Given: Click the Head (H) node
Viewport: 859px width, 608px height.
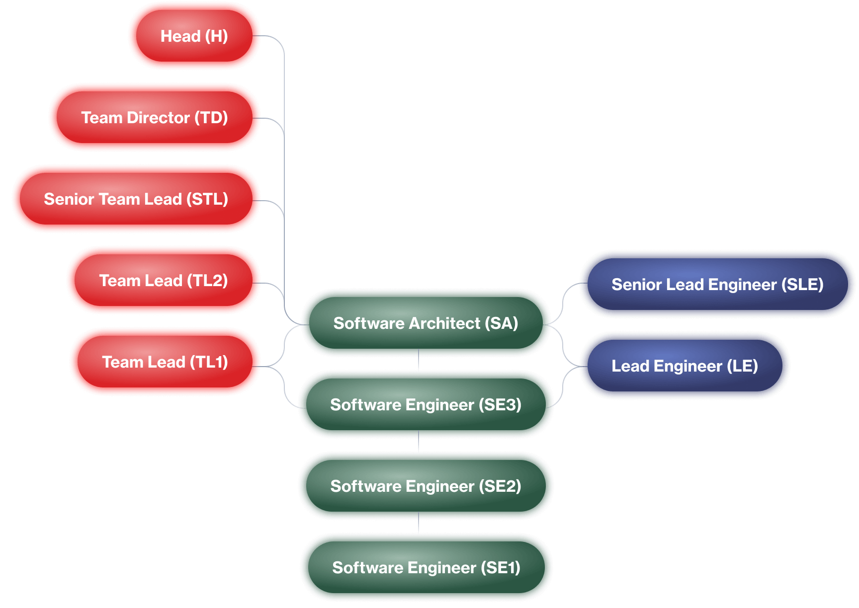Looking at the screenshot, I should tap(194, 36).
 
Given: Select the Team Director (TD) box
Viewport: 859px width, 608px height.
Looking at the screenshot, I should tap(154, 118).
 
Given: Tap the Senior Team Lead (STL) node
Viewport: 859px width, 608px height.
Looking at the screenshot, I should tap(136, 199).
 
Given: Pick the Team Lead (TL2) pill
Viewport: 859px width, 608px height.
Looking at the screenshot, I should tap(163, 281).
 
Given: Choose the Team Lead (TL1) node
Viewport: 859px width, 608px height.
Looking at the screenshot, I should tap(165, 362).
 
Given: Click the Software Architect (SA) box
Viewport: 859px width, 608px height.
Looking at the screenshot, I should tap(426, 323).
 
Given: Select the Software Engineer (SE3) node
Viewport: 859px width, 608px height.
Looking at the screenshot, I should tap(426, 405).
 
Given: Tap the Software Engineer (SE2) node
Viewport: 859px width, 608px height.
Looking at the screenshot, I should tap(426, 486).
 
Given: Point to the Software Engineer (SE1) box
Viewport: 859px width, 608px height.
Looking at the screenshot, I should tap(426, 568).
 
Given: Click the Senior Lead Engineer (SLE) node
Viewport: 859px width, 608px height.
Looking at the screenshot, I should tap(717, 285).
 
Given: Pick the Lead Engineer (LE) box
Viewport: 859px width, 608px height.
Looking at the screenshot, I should tap(685, 366).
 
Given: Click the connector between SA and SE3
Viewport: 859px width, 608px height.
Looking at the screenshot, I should tap(419, 360).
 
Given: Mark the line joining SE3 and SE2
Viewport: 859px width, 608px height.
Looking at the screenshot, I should tap(419, 441).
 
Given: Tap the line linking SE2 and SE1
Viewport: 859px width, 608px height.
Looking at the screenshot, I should tap(419, 523).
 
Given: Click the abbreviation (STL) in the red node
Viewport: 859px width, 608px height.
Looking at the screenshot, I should tap(207, 199).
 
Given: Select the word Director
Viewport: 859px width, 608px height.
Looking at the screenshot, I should tap(158, 118).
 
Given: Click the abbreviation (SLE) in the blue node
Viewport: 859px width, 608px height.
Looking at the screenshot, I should tap(802, 285).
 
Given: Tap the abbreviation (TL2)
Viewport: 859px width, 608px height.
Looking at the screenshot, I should tap(207, 281).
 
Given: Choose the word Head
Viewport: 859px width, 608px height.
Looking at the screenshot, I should tap(180, 36).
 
